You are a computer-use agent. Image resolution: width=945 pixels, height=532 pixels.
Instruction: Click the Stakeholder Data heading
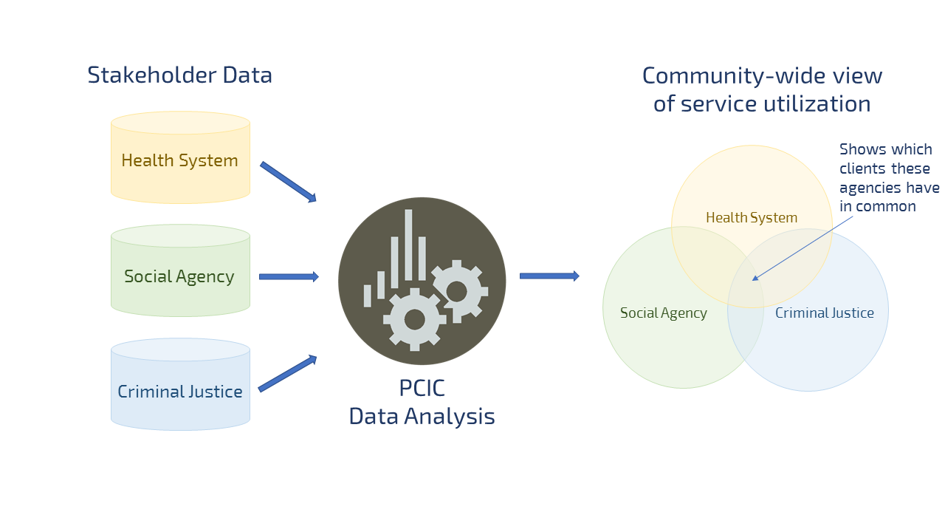pos(179,75)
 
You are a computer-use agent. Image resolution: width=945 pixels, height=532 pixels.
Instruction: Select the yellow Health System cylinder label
pos(179,160)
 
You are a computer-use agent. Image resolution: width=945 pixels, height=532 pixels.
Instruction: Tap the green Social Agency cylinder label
pos(179,276)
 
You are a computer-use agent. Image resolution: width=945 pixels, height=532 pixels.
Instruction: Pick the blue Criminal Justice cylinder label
pos(179,392)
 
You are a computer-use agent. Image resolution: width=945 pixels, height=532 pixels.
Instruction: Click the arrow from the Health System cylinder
pos(288,182)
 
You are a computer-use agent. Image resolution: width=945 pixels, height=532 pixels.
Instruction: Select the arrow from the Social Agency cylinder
pos(289,276)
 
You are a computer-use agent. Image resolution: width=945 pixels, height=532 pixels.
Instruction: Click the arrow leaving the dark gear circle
pos(549,276)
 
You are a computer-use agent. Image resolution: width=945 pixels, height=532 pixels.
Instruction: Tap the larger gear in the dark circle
pos(414,319)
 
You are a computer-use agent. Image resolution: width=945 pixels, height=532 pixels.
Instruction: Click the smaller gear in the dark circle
pos(457,292)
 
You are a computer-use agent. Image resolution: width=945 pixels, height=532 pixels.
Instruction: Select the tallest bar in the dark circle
pos(408,248)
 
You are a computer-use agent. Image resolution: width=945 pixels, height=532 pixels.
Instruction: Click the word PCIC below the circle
pos(422,389)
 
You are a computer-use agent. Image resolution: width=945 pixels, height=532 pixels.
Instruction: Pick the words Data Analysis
pos(422,417)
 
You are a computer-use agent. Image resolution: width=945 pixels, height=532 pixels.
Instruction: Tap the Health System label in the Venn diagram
pos(752,218)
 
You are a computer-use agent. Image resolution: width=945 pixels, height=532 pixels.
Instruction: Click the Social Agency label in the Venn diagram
pos(663,313)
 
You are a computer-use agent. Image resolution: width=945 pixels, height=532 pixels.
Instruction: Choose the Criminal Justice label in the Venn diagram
pos(824,313)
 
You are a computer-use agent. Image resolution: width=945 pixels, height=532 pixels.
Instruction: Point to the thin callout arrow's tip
pos(753,280)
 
